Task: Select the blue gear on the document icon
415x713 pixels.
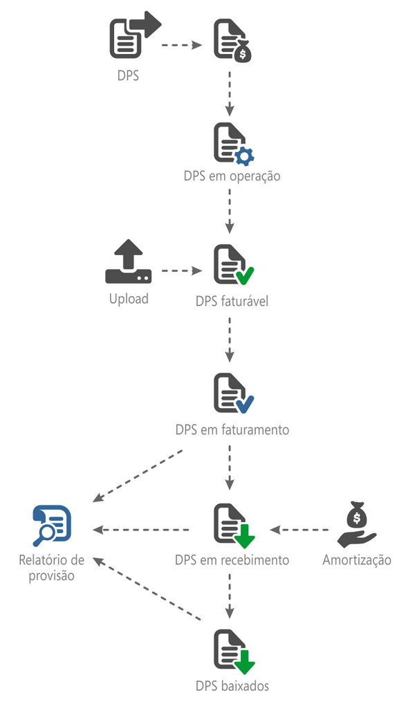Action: coord(244,156)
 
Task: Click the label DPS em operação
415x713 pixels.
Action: coord(232,176)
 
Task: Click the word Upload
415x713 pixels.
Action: coord(129,299)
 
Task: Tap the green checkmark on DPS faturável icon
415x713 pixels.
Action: coord(244,277)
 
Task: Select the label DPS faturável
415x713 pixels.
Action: coord(232,302)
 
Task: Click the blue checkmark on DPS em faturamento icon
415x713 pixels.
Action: coord(244,404)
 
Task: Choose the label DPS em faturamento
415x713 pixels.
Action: coord(232,429)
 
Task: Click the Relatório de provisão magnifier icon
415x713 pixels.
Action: coord(52,526)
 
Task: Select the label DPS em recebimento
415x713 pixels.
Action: coord(232,559)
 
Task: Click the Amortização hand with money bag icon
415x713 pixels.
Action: coord(356,526)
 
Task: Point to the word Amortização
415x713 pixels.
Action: coord(357,559)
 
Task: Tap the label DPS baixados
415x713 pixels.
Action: coord(232,686)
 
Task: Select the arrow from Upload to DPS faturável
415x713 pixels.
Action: coord(182,272)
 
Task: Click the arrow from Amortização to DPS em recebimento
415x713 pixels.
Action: coord(299,530)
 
